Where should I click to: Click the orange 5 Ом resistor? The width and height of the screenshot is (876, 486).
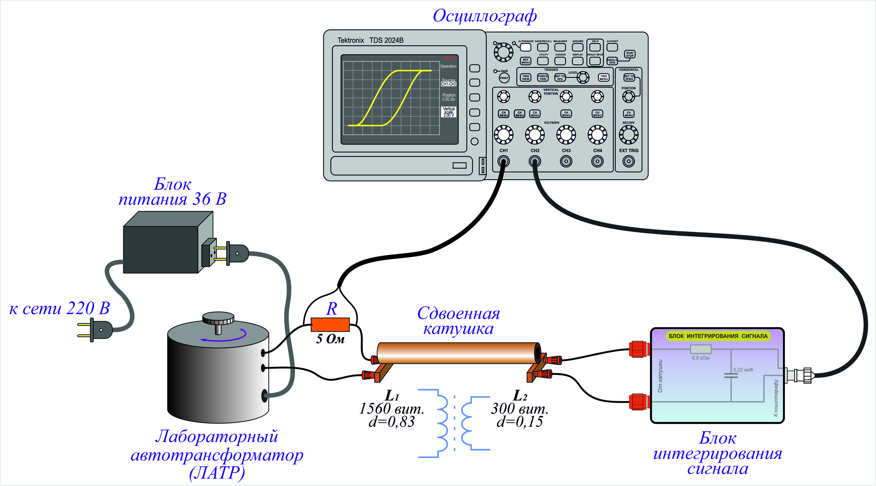click(330, 325)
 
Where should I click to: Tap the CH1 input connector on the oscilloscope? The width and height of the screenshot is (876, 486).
click(503, 161)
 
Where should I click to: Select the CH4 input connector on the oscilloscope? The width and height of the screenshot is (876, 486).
click(597, 161)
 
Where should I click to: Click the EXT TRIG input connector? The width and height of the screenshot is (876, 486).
click(628, 161)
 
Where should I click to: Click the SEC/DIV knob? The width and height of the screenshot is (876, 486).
click(628, 135)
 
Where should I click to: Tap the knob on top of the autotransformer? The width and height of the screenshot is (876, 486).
click(218, 319)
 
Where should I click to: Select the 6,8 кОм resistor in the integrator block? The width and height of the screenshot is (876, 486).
click(700, 349)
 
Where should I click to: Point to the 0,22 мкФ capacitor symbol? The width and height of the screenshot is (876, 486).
click(731, 375)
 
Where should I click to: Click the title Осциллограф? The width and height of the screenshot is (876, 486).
click(485, 16)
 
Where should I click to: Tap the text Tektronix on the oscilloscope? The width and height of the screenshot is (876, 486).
click(350, 40)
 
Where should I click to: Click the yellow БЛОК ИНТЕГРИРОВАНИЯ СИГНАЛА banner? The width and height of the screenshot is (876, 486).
click(718, 336)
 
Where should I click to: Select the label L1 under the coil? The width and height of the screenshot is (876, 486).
click(391, 396)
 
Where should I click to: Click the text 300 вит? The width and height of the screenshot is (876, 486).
click(519, 409)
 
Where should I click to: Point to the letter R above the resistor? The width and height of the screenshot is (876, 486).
click(332, 309)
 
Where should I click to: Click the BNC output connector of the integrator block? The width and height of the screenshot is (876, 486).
click(799, 375)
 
